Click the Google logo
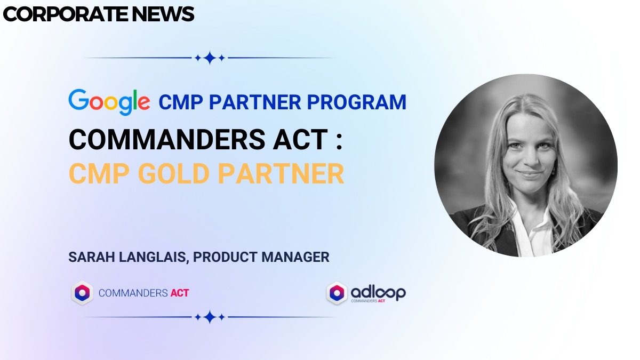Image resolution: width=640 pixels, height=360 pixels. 109,102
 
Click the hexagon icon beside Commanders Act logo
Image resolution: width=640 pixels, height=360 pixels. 82,293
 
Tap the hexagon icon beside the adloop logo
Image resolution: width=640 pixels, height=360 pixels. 337,293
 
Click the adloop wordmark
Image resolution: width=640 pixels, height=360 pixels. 378,291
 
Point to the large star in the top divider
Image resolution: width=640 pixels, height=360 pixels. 210,58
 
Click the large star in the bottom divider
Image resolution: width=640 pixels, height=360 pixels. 210,317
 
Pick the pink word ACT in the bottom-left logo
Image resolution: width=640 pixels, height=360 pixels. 179,293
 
